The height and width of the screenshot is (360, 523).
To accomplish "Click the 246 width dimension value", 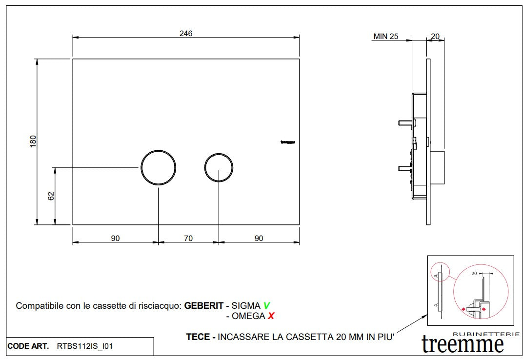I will (186, 34).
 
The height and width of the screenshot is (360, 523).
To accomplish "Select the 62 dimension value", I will (51, 196).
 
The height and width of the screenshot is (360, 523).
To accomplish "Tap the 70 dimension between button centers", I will (188, 239).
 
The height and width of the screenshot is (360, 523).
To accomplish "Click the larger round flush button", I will (158, 167).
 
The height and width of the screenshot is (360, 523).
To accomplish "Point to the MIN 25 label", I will (385, 36).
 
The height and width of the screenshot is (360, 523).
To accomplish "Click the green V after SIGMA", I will (266, 306).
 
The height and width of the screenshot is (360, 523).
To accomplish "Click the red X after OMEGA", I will (271, 316).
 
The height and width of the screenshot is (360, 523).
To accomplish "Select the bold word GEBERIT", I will (203, 306).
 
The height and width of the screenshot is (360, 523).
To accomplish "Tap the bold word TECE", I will (198, 337).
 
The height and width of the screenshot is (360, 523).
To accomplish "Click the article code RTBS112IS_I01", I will (85, 346).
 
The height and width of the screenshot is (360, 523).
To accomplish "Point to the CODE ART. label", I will (28, 346).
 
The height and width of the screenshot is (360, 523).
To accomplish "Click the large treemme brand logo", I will (463, 344).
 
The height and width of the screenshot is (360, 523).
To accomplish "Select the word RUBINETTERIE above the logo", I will (480, 333).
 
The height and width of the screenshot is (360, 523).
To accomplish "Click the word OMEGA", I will (248, 316).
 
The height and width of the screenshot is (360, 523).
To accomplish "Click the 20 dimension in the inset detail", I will (474, 274).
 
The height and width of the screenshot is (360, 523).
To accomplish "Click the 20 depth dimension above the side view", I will (435, 36).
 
